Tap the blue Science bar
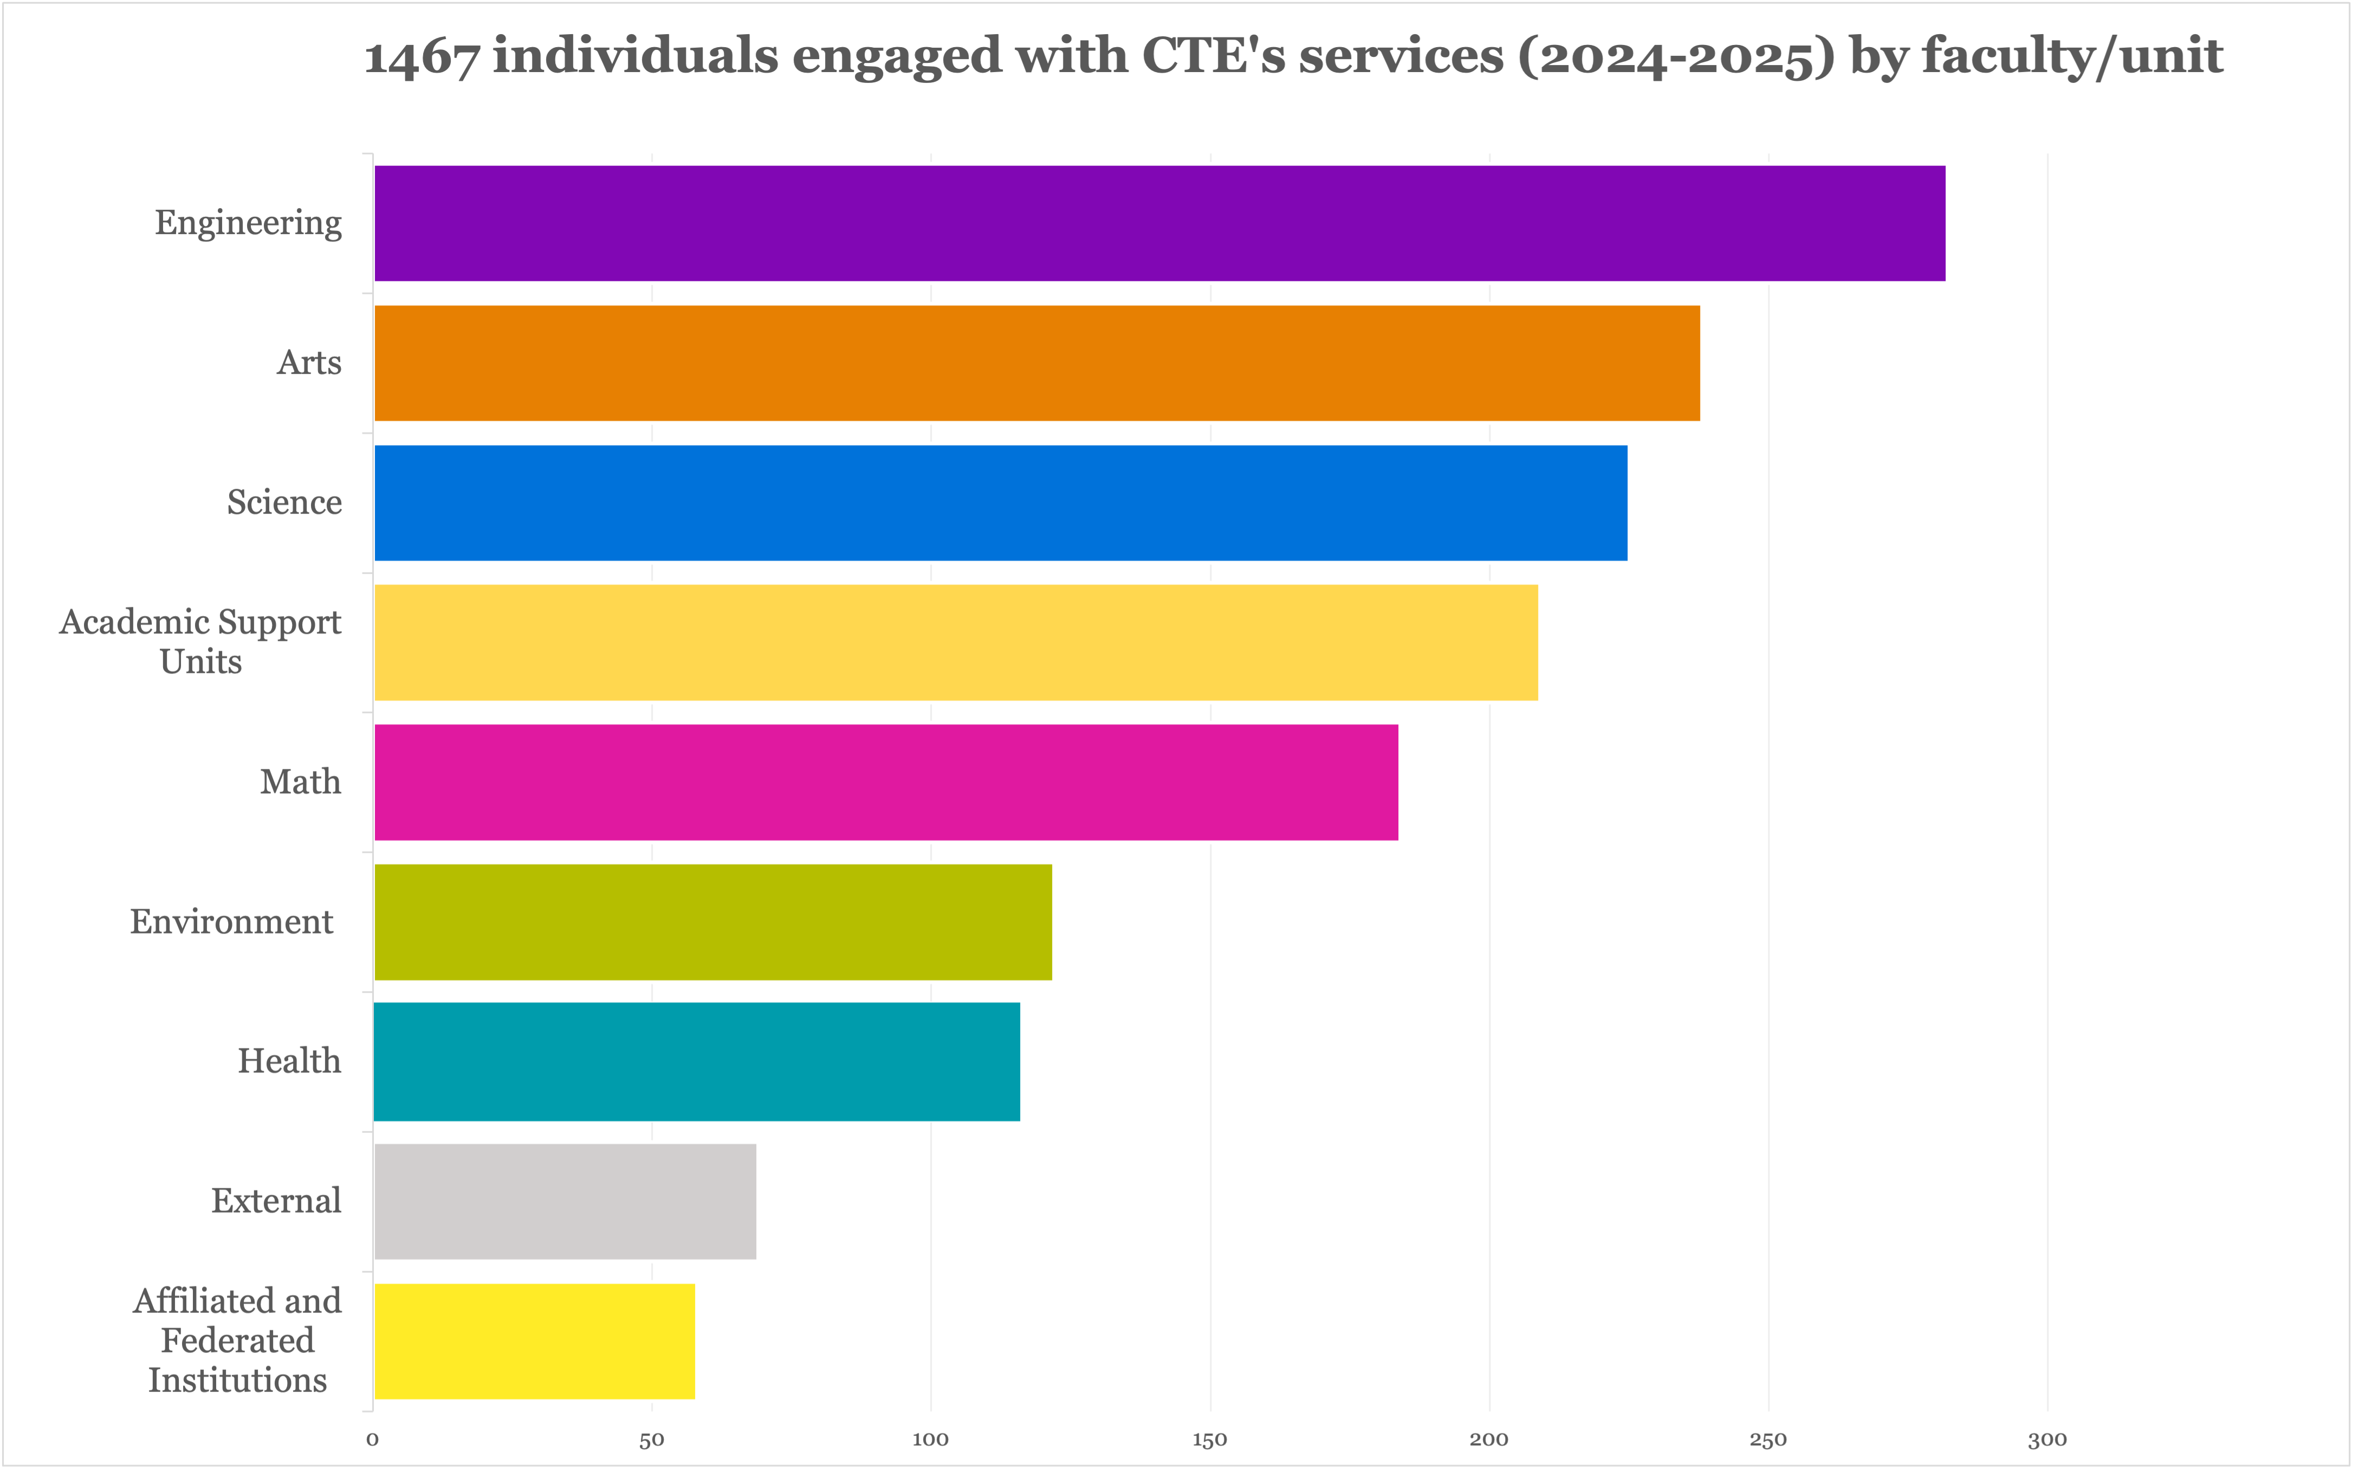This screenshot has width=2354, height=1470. [1000, 503]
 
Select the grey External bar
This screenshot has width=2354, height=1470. [565, 1202]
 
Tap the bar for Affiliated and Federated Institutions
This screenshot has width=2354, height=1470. [535, 1342]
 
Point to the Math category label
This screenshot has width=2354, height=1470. [300, 782]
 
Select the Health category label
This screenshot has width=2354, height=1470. [290, 1061]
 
